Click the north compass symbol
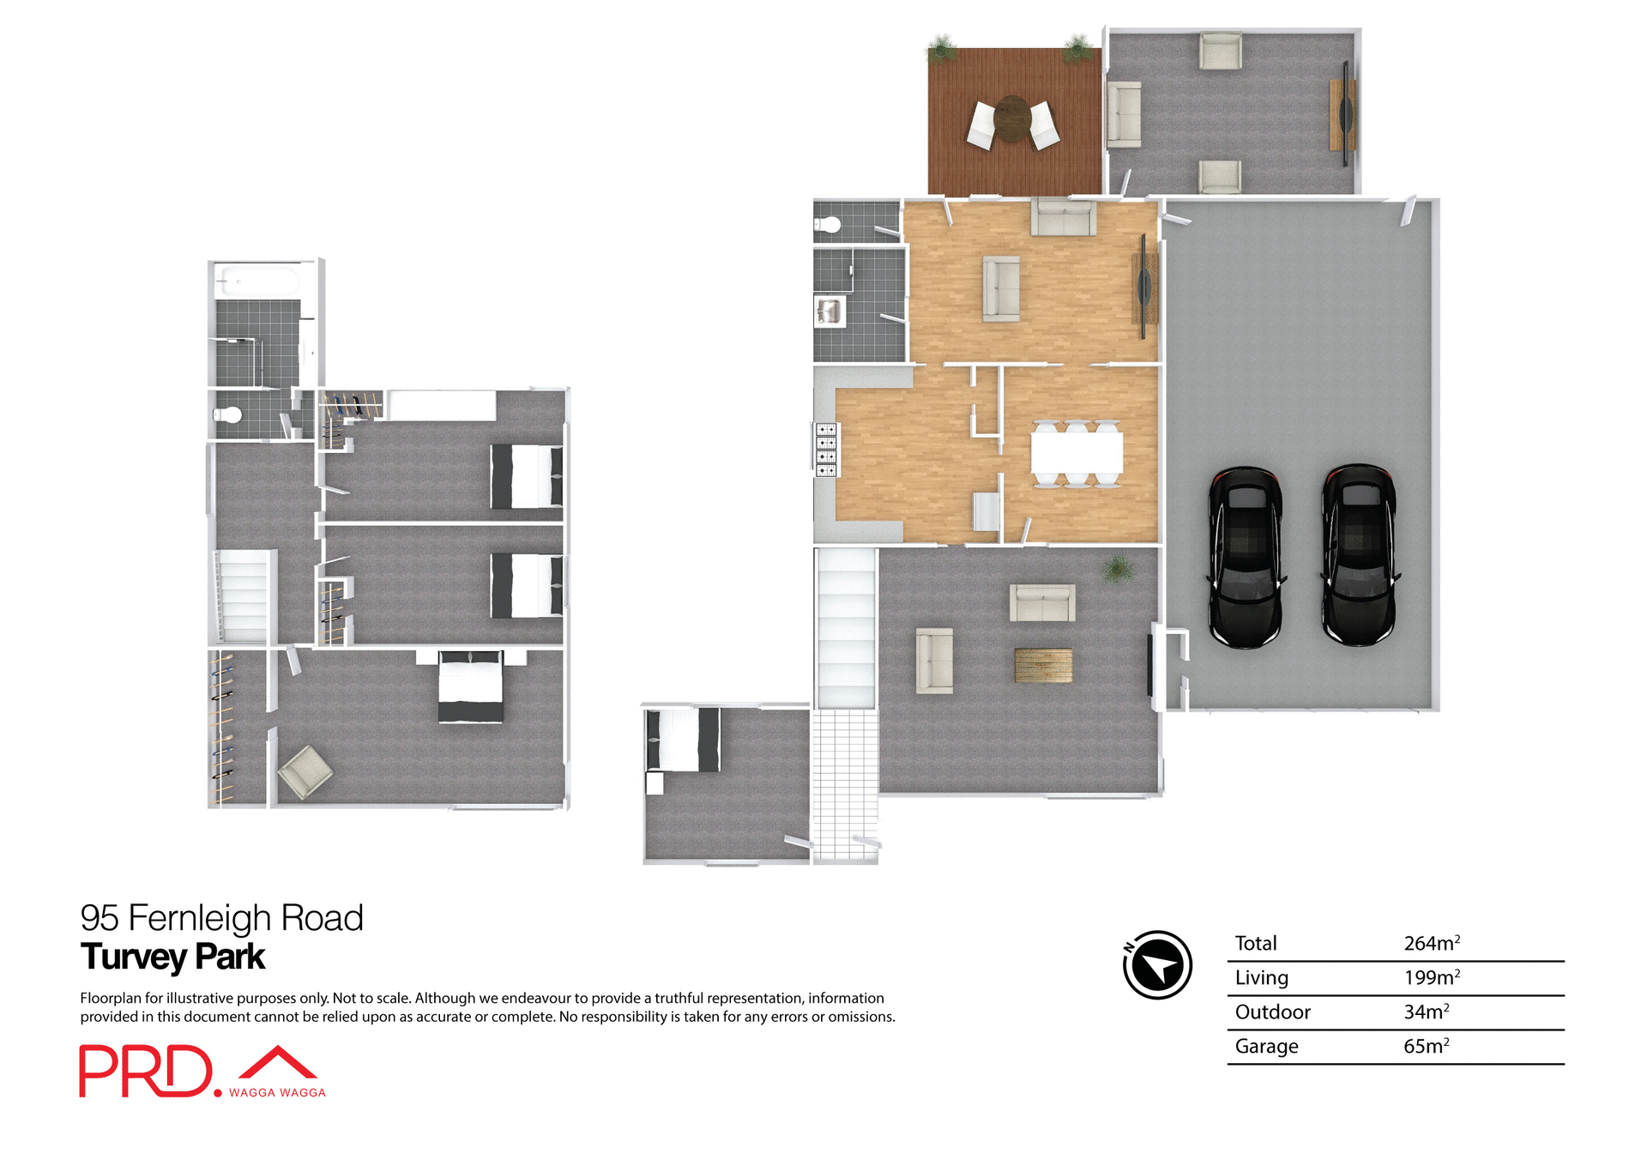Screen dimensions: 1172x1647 (x=1157, y=964)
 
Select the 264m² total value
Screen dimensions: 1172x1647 (x=1431, y=943)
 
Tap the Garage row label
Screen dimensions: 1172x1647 (x=1266, y=1046)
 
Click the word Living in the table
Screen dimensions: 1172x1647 (x=1261, y=977)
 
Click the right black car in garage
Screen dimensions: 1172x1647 (x=1358, y=555)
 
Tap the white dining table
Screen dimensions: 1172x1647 (x=1076, y=452)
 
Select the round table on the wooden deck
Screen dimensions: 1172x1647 (x=1013, y=118)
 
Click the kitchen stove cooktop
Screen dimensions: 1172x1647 (x=826, y=450)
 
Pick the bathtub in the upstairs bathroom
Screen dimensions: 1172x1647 (x=257, y=281)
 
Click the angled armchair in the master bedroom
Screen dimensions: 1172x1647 (x=305, y=771)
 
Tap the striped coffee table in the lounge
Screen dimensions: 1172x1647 (x=1042, y=665)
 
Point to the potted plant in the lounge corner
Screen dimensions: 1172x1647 (x=1117, y=569)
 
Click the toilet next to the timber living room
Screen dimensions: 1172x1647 (x=828, y=226)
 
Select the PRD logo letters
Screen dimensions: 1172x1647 (x=146, y=1071)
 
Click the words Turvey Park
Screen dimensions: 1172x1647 (x=172, y=957)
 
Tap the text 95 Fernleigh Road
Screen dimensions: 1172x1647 (x=221, y=918)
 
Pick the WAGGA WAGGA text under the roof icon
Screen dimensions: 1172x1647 (x=277, y=1092)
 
